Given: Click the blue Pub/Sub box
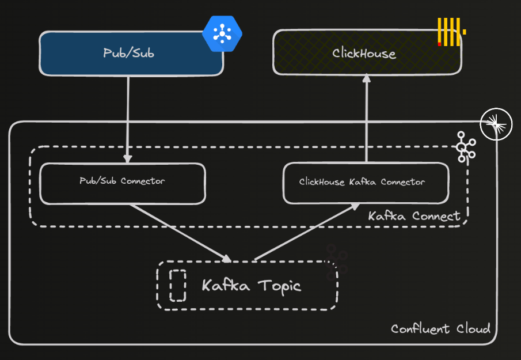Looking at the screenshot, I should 131,53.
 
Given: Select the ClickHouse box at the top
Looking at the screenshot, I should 366,53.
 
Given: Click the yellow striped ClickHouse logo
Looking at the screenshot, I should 450,32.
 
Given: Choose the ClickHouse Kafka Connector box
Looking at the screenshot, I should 365,183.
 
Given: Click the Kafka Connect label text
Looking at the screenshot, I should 414,216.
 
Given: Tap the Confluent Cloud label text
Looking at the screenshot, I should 440,328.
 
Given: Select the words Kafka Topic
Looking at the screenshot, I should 252,285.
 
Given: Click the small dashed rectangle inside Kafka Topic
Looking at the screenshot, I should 178,286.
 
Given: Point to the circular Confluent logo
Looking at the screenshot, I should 496,124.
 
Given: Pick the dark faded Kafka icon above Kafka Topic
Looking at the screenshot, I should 336,262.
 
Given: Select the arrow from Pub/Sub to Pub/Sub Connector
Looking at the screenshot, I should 127,118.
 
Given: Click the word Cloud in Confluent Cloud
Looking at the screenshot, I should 473,328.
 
